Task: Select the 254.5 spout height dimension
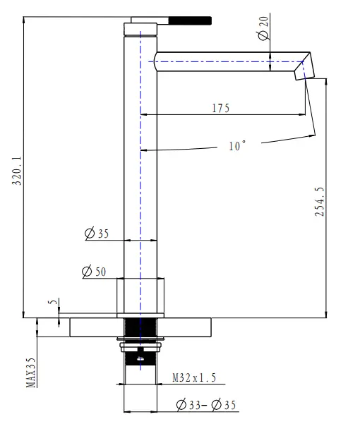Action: (x=319, y=202)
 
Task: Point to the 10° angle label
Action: (x=237, y=146)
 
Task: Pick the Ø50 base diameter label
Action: (x=94, y=271)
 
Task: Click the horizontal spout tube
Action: (x=226, y=62)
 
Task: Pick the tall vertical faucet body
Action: (x=140, y=176)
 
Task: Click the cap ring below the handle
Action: (x=140, y=30)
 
